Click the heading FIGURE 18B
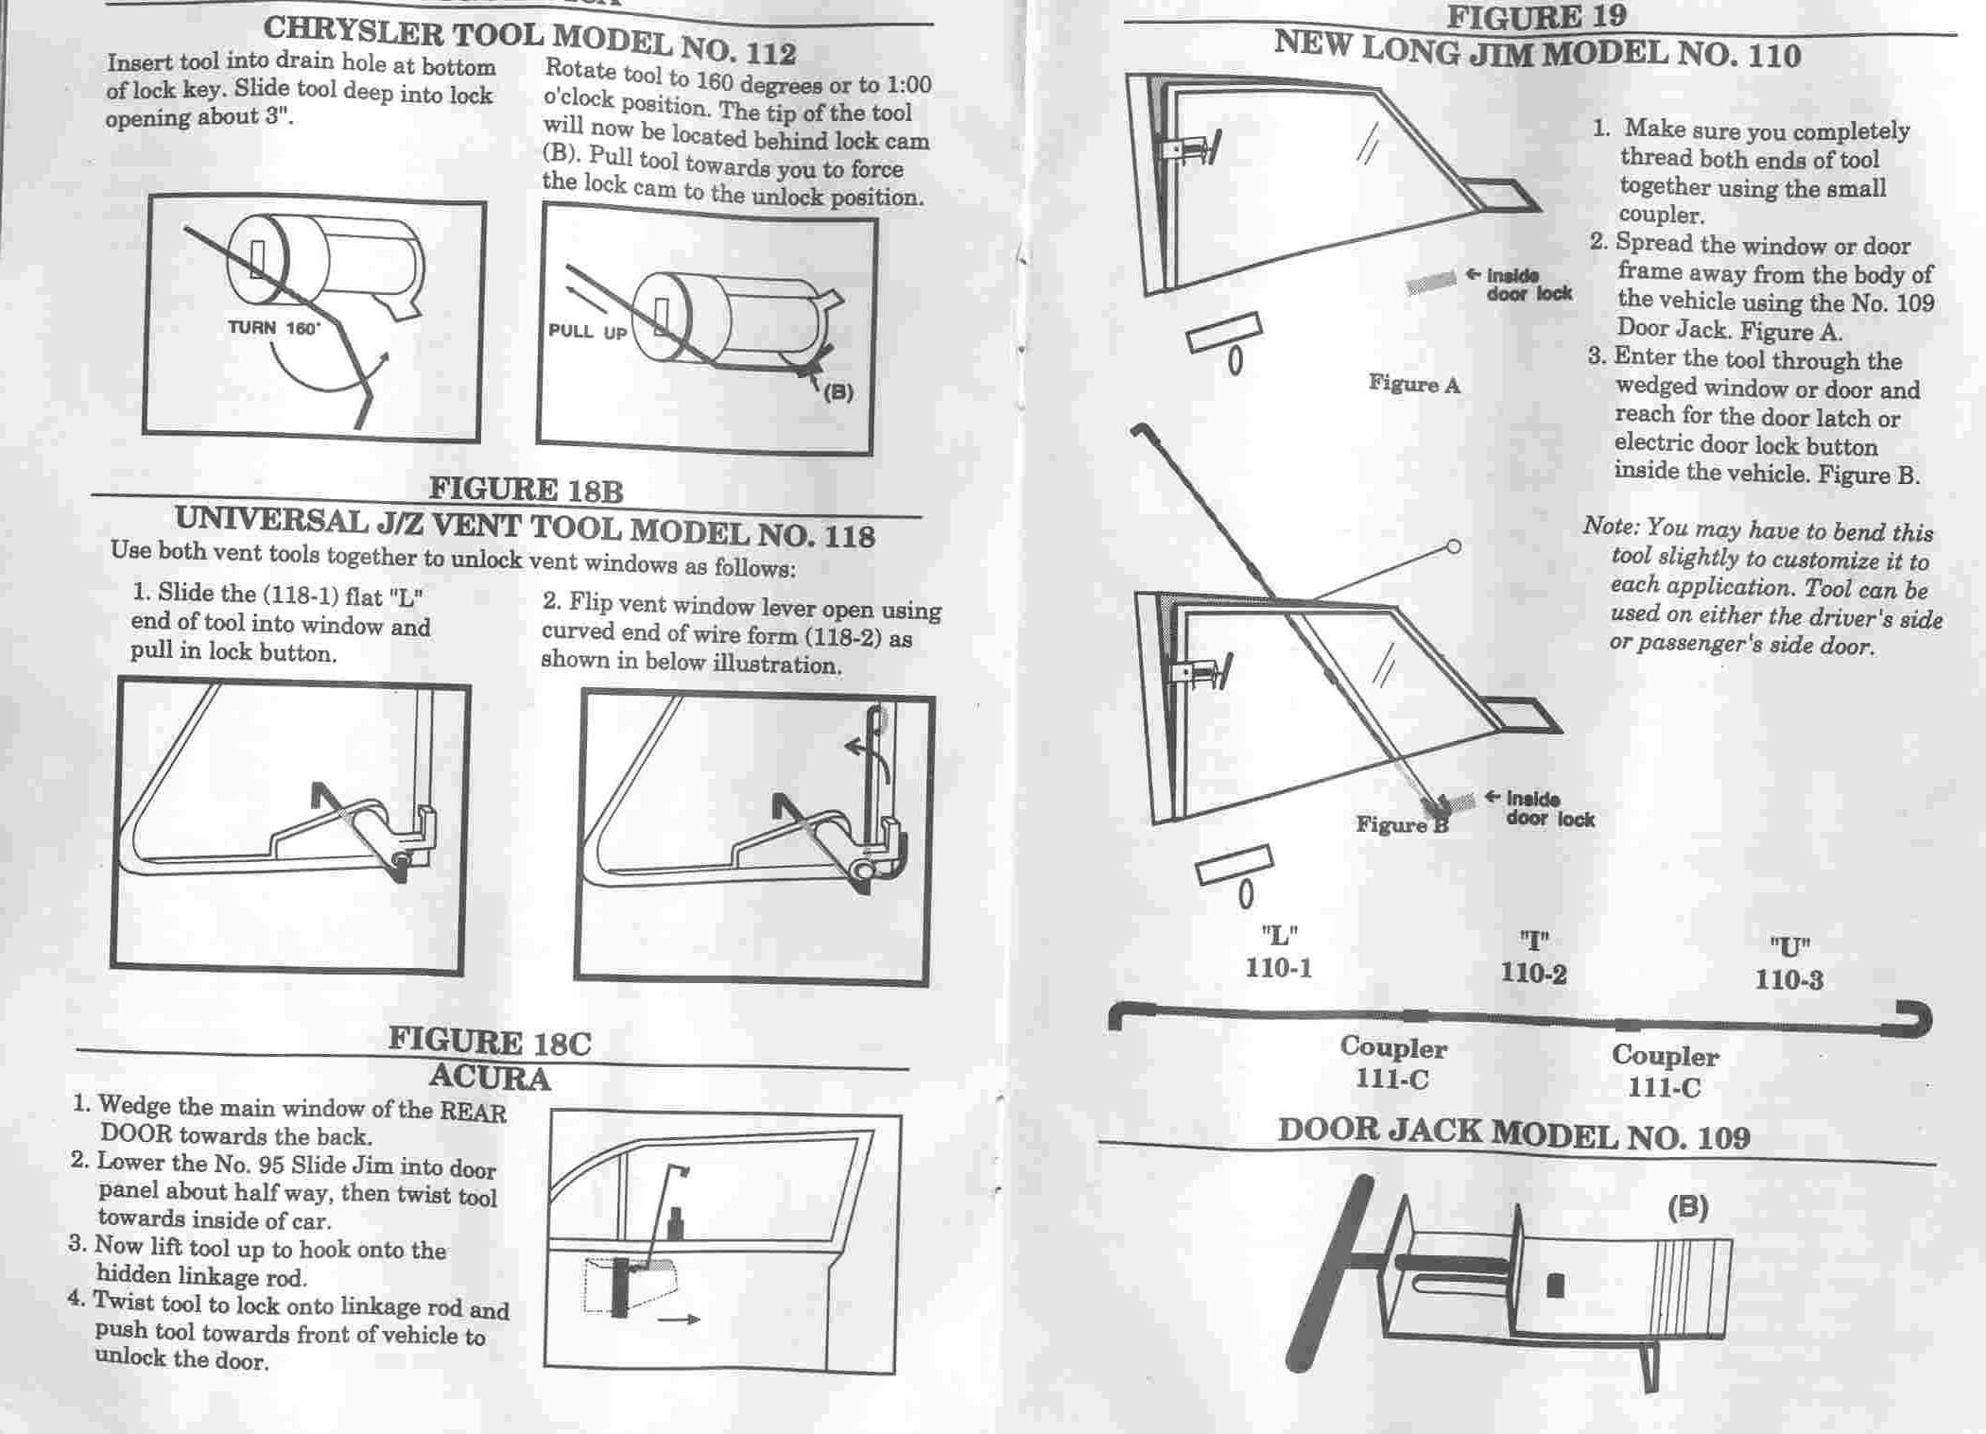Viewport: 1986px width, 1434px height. [526, 490]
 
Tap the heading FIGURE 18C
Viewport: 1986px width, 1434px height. [490, 1042]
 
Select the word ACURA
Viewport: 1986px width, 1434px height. [489, 1078]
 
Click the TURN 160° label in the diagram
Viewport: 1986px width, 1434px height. [274, 328]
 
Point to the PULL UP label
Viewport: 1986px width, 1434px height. [588, 332]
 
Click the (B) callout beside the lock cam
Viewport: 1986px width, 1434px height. [838, 391]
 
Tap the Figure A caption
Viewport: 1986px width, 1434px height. [1414, 384]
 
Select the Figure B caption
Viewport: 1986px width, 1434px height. [1402, 824]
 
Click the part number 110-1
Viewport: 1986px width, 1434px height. [1278, 968]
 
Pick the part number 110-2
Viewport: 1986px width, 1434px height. [1533, 974]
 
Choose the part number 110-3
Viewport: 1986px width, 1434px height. [1789, 979]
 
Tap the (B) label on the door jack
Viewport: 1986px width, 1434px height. [1688, 1207]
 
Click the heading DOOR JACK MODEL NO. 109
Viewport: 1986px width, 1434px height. [1513, 1134]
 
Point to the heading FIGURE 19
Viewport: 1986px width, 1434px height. [1537, 16]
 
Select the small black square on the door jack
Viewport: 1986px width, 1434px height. [1555, 1286]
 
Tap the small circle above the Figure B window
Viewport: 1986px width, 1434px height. [1454, 546]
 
